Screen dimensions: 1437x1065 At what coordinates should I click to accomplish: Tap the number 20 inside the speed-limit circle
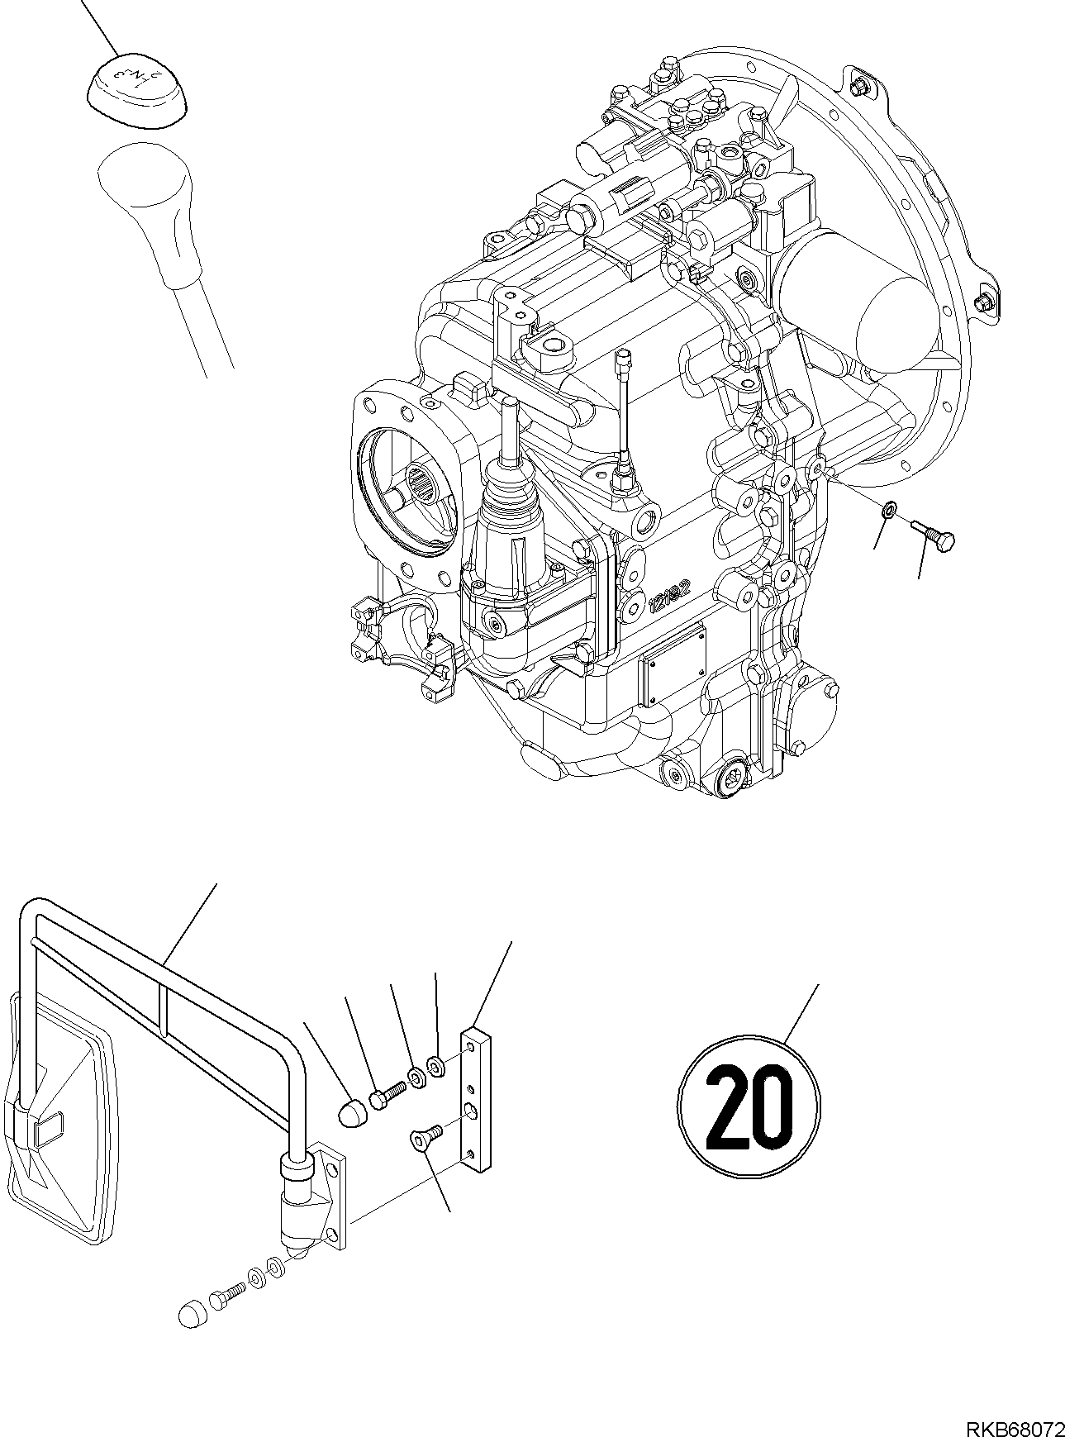748,1106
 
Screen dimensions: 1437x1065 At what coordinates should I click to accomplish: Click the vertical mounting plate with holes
477,1099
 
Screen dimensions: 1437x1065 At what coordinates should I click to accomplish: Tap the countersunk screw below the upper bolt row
424,1140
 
